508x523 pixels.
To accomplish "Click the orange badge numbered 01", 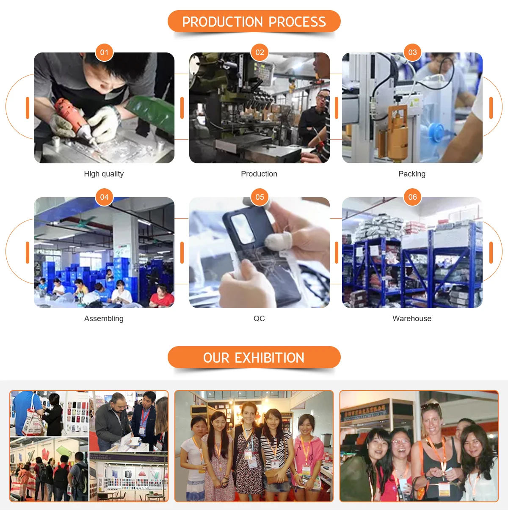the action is pos(104,52).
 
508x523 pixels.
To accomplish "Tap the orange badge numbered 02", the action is pos(260,52).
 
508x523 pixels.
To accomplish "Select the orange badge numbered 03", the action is pos(412,52).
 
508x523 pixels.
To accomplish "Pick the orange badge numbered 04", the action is pos(104,197).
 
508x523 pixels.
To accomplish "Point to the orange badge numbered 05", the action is pos(260,197).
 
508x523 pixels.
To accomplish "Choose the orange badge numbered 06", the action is pos(412,197).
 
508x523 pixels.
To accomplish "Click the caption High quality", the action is pos(104,174).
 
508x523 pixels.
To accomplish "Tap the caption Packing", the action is pos(412,174).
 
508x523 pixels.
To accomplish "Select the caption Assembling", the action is pos(104,319).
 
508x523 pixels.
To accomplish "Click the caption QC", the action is pos(259,319).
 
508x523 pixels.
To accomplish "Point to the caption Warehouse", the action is pos(412,319).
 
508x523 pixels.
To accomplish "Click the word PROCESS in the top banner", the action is pos(297,22).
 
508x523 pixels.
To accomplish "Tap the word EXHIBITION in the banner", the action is pos(270,358).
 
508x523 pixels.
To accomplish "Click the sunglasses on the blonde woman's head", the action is pos(431,406).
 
